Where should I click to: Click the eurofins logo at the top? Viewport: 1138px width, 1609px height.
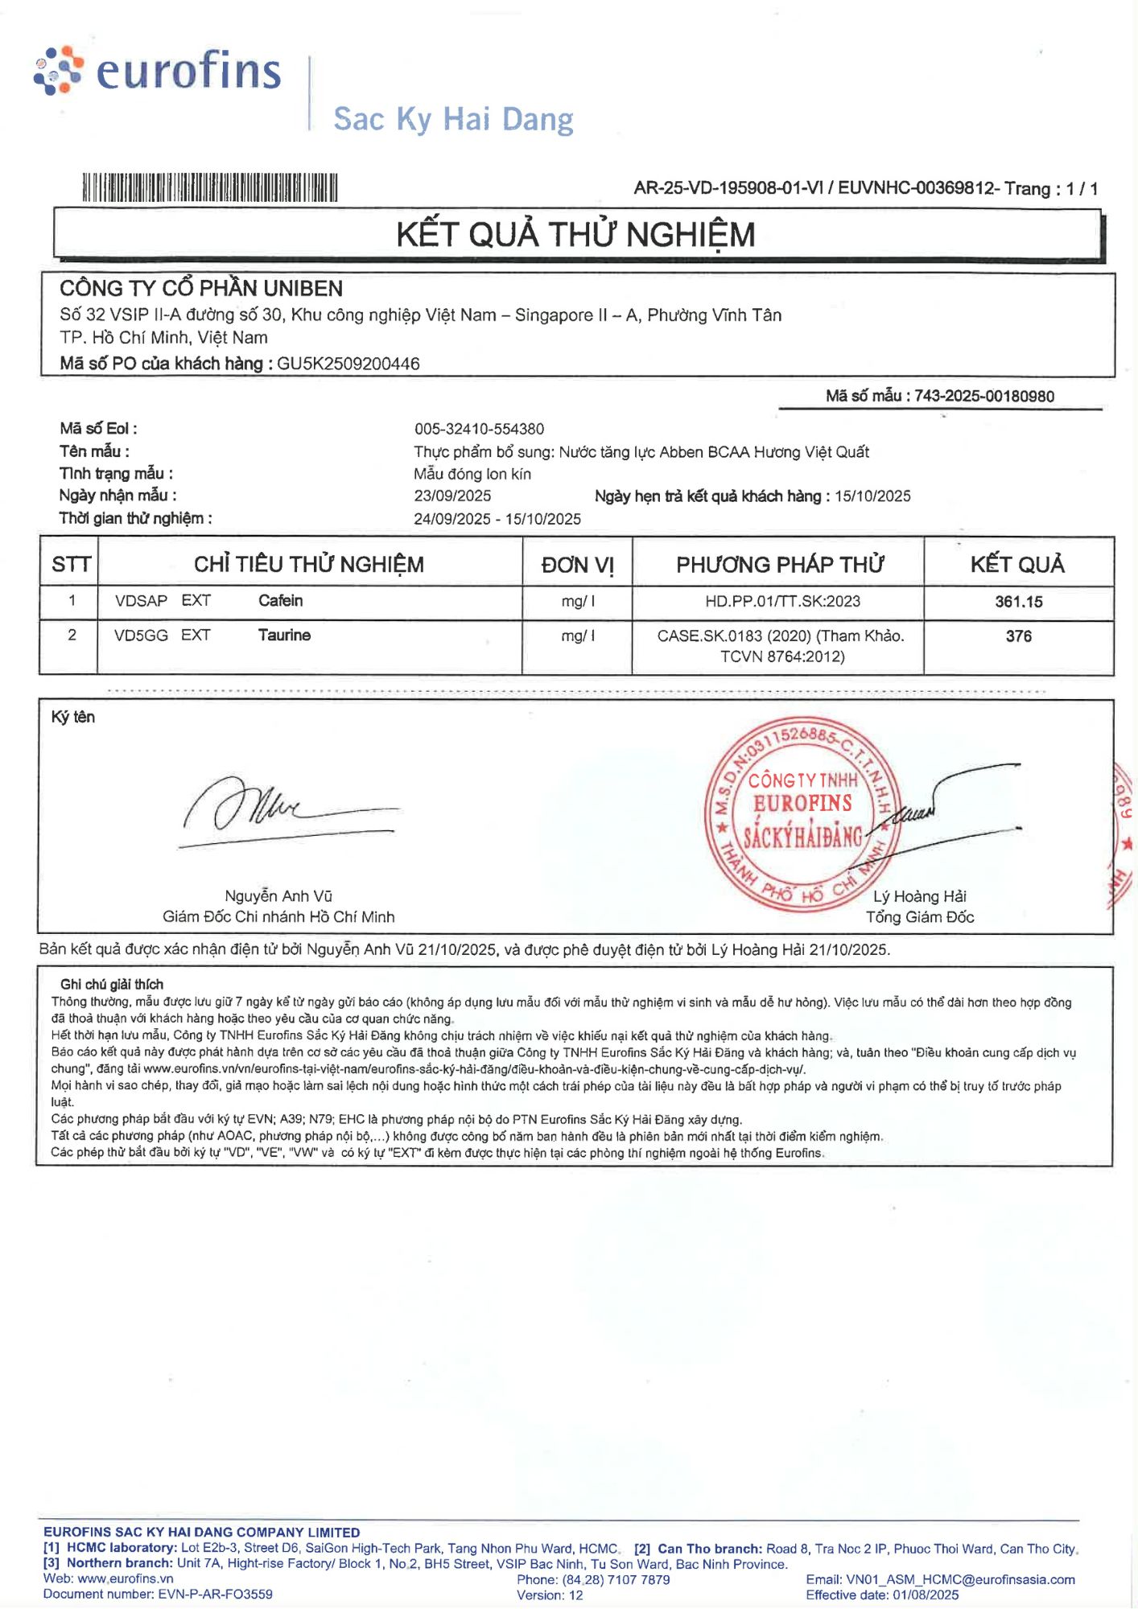[158, 71]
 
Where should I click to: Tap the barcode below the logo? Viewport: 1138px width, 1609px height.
[209, 187]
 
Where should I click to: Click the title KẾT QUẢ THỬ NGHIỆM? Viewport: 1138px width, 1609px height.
[575, 235]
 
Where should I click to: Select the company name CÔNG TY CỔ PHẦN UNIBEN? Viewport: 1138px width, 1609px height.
[201, 288]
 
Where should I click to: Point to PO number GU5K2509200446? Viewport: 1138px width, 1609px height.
[348, 364]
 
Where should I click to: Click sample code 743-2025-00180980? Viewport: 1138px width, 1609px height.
[983, 396]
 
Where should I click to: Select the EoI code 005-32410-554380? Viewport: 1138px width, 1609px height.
[479, 429]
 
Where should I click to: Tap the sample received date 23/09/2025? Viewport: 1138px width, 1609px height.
[452, 496]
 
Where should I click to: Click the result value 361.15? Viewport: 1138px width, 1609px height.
[1018, 602]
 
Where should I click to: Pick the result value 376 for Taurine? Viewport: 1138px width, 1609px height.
[1018, 636]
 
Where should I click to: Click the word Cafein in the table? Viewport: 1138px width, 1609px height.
[280, 601]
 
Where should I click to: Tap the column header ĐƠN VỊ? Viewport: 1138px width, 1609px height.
[577, 565]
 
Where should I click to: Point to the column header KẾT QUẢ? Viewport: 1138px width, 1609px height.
[1017, 565]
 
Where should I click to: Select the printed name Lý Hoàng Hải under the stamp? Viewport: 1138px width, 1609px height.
[919, 896]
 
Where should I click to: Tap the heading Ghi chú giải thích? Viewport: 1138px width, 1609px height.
[112, 984]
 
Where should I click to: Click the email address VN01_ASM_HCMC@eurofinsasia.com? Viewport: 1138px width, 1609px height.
[960, 1579]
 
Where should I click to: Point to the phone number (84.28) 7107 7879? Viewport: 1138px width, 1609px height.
[616, 1579]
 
